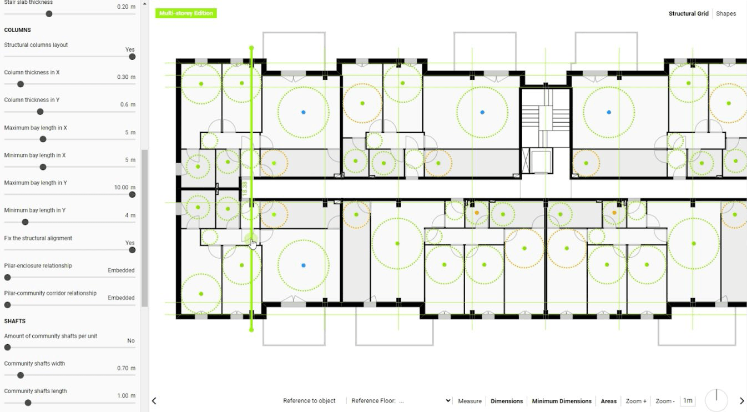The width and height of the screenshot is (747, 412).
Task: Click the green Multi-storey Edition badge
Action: point(186,13)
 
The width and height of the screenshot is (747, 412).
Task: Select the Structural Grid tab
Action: point(688,13)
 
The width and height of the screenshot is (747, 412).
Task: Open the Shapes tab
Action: point(726,13)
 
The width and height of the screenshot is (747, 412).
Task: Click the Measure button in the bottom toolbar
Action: point(470,401)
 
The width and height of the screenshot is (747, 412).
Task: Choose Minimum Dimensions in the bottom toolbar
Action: point(562,401)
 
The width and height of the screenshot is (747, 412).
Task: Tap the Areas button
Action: point(608,401)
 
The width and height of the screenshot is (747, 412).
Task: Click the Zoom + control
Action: point(636,401)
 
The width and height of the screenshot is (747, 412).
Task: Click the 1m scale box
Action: point(688,400)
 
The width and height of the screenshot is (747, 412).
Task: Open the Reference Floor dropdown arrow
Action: point(448,401)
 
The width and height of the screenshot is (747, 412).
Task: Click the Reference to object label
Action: point(309,401)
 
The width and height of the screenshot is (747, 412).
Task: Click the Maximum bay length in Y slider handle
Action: point(132,194)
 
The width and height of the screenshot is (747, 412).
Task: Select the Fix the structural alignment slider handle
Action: point(132,250)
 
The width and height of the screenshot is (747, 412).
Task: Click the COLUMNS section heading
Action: point(18,30)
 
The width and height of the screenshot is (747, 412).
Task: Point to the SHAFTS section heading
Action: point(15,321)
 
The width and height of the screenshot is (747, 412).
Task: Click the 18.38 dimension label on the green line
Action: point(245,189)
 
